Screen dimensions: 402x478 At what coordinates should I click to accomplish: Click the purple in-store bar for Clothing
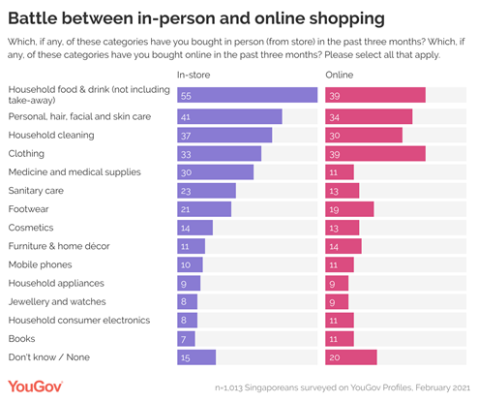(219, 153)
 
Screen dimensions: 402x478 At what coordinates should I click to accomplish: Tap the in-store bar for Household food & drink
(247, 94)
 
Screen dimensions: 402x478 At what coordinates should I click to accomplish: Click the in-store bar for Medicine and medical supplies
(215, 171)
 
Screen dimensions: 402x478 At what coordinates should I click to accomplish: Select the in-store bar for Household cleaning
(224, 135)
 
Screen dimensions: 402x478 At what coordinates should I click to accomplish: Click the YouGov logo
(35, 387)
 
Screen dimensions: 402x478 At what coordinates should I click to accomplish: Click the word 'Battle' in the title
(40, 18)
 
